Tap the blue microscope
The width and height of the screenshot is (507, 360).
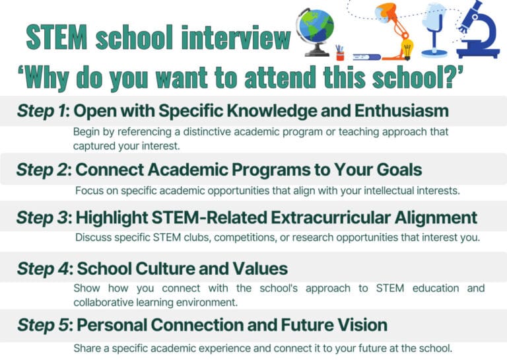pyautogui.click(x=481, y=30)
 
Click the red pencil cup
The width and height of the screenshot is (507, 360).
pyautogui.click(x=341, y=53)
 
